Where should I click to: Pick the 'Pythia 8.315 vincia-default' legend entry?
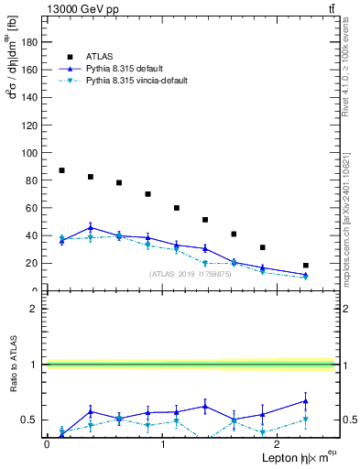pos(136,81)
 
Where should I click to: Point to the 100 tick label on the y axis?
pos(30,152)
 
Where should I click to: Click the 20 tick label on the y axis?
pos(33,263)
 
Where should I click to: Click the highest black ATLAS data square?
pos(61,170)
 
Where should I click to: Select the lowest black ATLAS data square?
pos(305,266)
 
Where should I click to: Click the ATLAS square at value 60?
pos(177,208)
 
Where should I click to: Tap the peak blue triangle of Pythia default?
pos(91,227)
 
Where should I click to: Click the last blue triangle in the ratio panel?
pos(305,400)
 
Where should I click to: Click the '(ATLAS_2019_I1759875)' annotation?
pos(191,274)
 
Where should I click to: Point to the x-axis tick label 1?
pos(163,443)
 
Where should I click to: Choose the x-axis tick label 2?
pos(278,443)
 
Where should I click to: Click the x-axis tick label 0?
pos(47,443)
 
